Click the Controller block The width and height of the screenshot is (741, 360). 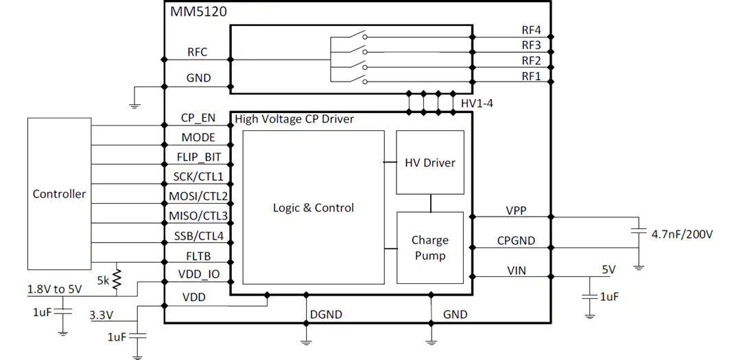[x=59, y=193]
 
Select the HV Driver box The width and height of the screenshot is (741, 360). [x=430, y=162]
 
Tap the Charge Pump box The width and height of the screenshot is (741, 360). [x=430, y=248]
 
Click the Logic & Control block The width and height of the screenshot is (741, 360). [x=314, y=207]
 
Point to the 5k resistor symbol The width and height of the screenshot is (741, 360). [x=117, y=279]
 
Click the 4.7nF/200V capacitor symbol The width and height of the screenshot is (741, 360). [x=639, y=232]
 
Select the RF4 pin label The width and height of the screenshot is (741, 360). [x=531, y=30]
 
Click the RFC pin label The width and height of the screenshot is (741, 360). [x=198, y=52]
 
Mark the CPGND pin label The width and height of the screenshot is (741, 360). [x=516, y=241]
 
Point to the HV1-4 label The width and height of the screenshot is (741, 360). [x=477, y=103]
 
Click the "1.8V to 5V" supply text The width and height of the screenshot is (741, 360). [x=55, y=289]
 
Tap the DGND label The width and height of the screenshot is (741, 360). [x=326, y=314]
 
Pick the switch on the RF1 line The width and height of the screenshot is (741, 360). [x=357, y=80]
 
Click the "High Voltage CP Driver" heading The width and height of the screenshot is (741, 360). [x=294, y=119]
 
